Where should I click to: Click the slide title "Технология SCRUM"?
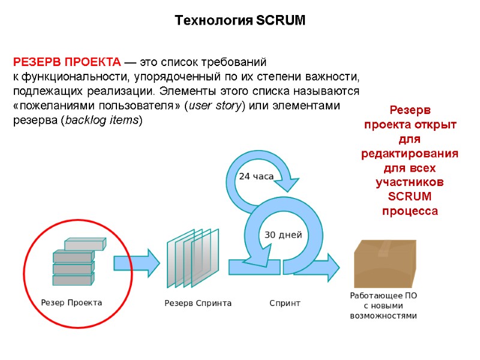pos(240,21)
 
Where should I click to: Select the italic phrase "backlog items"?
pos(101,121)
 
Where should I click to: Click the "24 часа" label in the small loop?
pos(256,176)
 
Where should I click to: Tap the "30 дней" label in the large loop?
pos(283,235)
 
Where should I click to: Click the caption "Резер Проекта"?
pos(71,303)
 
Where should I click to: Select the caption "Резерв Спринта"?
pos(198,304)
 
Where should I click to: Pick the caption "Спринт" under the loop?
pos(285,304)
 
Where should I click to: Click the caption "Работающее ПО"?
pos(383,296)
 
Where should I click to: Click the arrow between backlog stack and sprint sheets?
pos(137,263)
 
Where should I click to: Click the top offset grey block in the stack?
pos(85,244)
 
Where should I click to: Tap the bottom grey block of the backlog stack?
pos(73,280)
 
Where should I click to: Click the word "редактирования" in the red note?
pos(410,154)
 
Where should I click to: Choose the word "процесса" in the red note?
pos(410,211)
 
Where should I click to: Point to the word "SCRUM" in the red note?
pos(410,197)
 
